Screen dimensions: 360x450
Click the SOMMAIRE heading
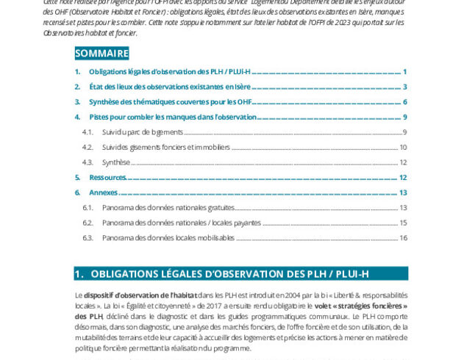click(x=101, y=53)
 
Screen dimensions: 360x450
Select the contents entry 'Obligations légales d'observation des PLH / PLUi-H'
click(x=170, y=72)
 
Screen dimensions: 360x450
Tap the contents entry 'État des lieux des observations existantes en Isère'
click(x=170, y=87)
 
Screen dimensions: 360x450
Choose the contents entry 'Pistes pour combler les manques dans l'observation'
click(x=173, y=117)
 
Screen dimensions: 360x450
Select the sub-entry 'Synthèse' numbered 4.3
click(x=116, y=162)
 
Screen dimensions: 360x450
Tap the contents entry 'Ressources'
click(x=108, y=177)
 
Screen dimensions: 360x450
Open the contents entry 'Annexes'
click(x=104, y=192)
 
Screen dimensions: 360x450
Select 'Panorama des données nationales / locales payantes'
click(x=181, y=223)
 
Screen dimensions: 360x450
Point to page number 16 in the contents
click(x=403, y=238)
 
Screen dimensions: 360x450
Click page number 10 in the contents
click(x=403, y=147)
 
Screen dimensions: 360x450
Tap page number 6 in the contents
click(x=404, y=101)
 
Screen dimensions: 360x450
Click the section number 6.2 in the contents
click(x=87, y=223)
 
